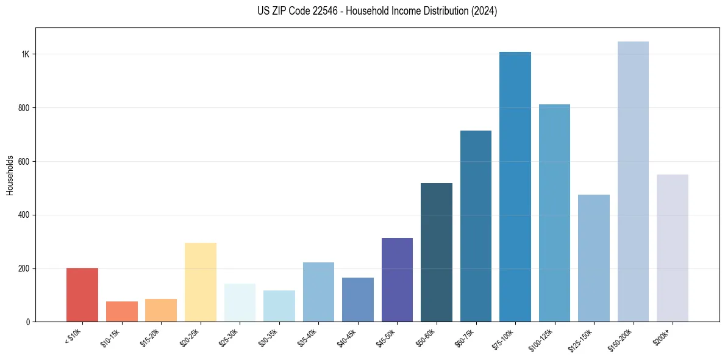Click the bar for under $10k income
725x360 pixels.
[82, 295]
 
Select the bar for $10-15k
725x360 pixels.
[121, 311]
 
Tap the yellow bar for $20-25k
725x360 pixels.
[200, 282]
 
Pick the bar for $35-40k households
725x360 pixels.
[318, 292]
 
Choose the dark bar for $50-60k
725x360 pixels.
[437, 252]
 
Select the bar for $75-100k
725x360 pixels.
[515, 187]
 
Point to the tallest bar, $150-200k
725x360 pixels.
[633, 181]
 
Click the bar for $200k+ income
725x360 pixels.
[673, 248]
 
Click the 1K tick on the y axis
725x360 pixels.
[25, 54]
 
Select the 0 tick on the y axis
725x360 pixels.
[28, 322]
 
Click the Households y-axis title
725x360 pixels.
[10, 175]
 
